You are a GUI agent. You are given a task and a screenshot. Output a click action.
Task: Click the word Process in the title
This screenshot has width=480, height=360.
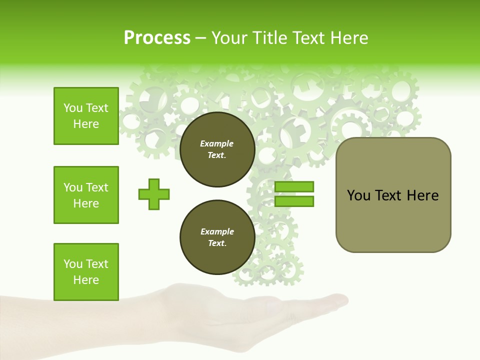157,38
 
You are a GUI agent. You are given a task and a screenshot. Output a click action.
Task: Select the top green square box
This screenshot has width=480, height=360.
86,116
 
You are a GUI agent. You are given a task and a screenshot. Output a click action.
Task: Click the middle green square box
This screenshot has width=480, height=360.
86,195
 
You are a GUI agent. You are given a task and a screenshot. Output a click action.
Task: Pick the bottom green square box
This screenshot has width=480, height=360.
86,272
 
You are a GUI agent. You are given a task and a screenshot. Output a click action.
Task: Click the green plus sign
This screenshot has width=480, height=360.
154,194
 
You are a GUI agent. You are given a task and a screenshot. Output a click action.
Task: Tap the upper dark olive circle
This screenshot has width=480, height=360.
217,149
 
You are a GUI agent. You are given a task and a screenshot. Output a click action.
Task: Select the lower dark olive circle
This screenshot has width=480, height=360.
217,237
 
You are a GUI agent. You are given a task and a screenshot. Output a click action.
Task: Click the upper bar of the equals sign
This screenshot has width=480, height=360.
294,186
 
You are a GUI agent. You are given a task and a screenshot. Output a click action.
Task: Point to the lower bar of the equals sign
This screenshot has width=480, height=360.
294,201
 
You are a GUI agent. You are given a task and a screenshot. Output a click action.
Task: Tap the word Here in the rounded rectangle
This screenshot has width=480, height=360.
422,195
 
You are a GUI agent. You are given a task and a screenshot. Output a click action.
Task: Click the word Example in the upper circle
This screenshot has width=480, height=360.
217,143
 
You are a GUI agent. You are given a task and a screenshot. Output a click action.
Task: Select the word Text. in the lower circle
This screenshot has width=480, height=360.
217,243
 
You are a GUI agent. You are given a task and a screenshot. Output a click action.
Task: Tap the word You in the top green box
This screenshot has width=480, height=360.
73,108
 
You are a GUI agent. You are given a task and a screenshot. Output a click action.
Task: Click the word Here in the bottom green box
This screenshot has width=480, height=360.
86,280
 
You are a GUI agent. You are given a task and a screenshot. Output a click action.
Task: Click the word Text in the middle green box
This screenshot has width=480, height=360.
96,187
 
